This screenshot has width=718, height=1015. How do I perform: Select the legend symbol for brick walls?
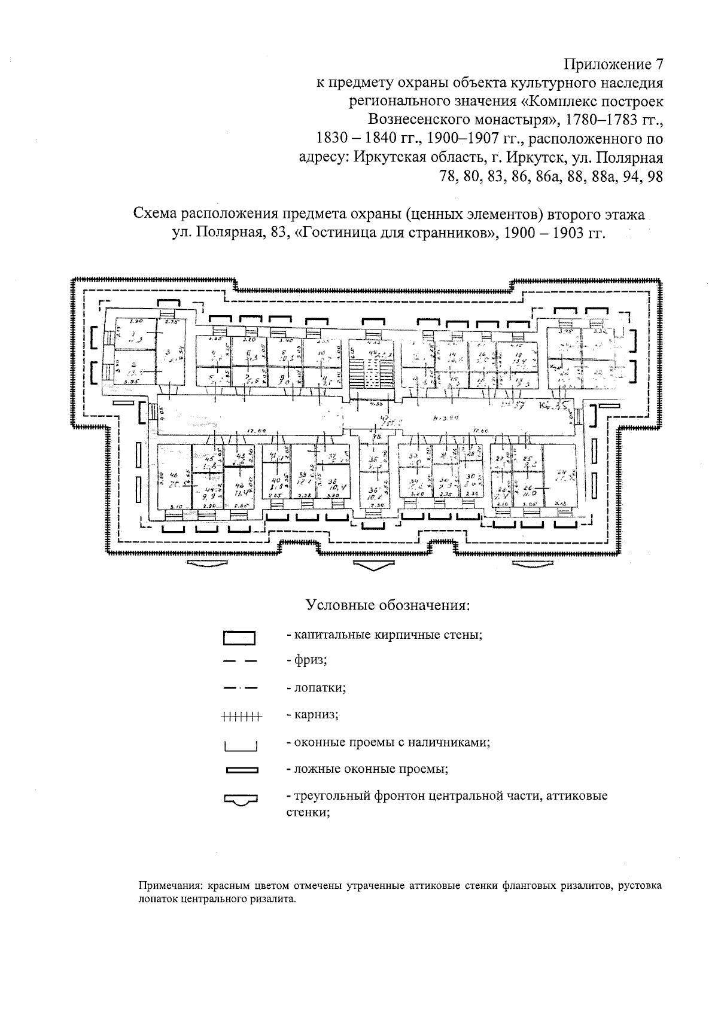[239, 638]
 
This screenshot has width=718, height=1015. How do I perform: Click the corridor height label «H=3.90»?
[444, 417]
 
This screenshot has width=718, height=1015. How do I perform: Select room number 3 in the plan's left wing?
[168, 352]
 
